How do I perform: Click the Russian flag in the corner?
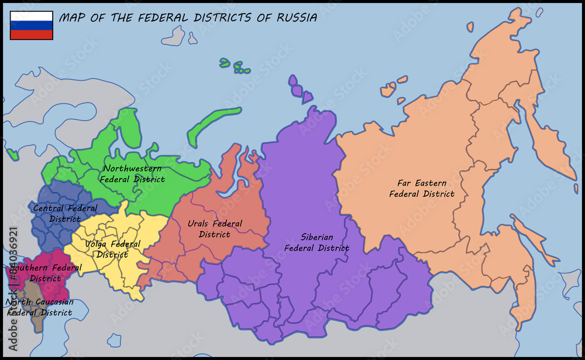click(32, 25)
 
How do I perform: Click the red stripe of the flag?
click(32, 35)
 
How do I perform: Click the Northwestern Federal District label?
click(132, 174)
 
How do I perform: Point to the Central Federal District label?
click(65, 214)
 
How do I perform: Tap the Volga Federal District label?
click(112, 249)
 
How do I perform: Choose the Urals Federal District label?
click(215, 229)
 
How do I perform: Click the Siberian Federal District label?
click(316, 242)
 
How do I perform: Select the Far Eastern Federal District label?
click(422, 188)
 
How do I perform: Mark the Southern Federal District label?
click(46, 273)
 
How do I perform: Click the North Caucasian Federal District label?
click(40, 307)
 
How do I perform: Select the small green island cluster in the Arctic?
click(237, 66)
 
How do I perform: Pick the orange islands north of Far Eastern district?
click(389, 88)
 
